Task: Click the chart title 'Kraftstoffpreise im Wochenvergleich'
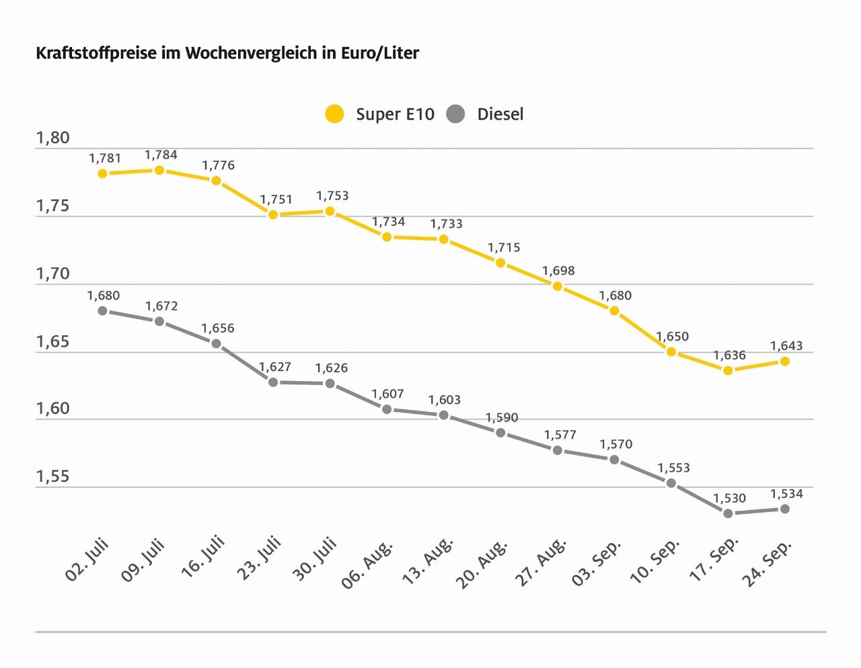point(227,53)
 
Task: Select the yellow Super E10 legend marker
point(334,114)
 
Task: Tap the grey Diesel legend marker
point(455,114)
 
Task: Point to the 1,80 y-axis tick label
point(52,138)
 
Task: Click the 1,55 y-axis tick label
point(52,477)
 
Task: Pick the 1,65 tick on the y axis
point(52,342)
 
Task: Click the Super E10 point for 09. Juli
point(159,170)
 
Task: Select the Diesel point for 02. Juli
point(102,310)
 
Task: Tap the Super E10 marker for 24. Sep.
point(784,361)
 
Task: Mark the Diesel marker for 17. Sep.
point(728,513)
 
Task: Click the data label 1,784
point(161,155)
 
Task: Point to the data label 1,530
point(729,498)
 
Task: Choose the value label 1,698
point(558,271)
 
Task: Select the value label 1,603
point(445,400)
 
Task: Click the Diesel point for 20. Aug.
point(500,433)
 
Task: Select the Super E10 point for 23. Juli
point(273,214)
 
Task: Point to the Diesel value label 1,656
point(218,329)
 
